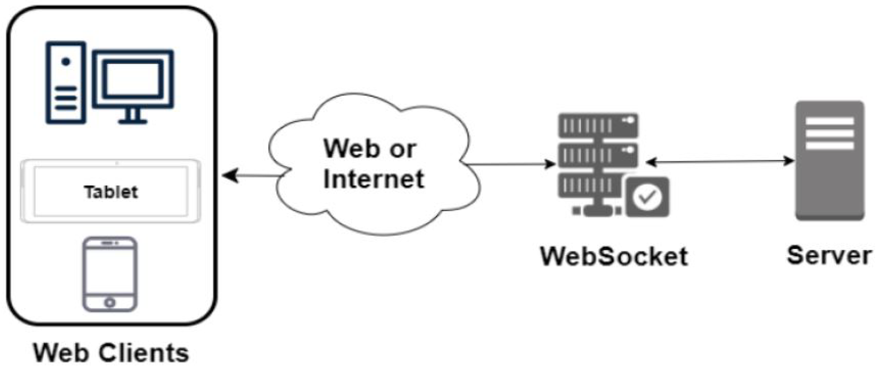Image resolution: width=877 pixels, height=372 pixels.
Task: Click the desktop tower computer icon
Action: click(66, 83)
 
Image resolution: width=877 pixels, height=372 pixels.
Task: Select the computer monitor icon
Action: click(133, 79)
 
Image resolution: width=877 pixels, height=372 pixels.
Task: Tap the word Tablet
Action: click(111, 192)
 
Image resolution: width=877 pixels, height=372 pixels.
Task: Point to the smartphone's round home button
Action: click(110, 302)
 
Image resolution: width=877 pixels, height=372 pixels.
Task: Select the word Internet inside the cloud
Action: click(373, 178)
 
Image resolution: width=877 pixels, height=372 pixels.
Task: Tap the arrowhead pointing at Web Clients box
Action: click(230, 176)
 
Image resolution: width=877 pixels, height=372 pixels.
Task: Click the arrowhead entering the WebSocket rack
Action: click(550, 164)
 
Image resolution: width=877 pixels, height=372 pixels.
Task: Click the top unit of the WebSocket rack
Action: click(598, 125)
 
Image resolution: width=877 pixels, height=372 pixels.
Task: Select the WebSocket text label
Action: click(614, 256)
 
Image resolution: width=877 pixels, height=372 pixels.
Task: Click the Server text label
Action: click(829, 255)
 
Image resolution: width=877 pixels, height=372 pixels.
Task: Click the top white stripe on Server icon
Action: click(830, 121)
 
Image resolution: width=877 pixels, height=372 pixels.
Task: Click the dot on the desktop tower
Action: click(66, 62)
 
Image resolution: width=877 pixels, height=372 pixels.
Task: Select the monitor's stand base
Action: click(133, 121)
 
